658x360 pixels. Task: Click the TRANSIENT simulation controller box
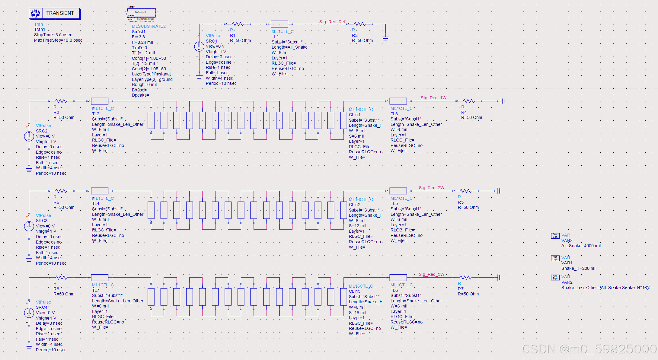pos(55,13)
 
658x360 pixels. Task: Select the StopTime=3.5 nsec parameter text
pos(53,35)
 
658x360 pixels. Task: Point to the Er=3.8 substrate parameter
pos(138,37)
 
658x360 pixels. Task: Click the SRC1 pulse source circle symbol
pos(199,46)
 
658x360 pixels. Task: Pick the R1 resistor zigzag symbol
pos(238,24)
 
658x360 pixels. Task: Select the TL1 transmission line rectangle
pos(279,24)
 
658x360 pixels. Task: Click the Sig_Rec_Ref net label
pos(332,22)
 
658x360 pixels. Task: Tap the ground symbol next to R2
pos(385,38)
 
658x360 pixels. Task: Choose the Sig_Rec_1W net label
pos(433,98)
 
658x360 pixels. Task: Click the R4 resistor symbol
pos(469,101)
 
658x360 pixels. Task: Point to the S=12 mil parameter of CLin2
pos(357,226)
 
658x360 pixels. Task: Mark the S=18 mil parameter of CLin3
pos(357,313)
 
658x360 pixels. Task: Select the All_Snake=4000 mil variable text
pos(581,246)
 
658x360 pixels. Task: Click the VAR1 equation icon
pos(555,258)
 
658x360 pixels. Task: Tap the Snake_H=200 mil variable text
pos(579,268)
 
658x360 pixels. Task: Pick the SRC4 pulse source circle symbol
pos(29,313)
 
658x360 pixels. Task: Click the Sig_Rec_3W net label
pos(431,274)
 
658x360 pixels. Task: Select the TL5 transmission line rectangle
pos(398,191)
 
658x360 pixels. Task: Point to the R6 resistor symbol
pos(61,191)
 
